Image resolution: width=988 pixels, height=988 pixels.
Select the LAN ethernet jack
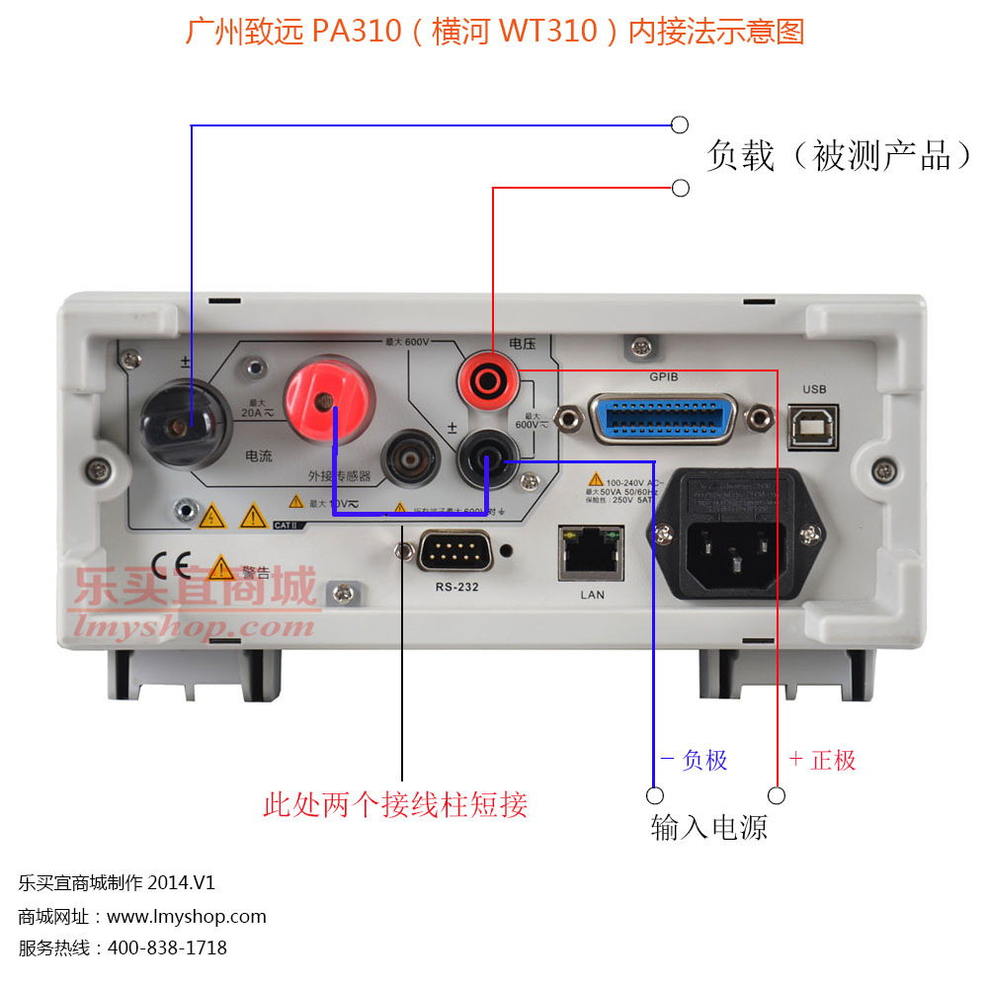[x=592, y=554]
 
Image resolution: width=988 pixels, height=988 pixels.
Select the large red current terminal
[x=329, y=401]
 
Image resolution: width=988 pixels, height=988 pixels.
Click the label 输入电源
[x=708, y=826]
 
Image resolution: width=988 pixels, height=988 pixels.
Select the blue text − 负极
[x=694, y=760]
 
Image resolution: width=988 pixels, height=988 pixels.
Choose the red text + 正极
[x=822, y=760]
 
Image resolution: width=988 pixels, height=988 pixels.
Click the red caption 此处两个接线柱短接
[x=395, y=804]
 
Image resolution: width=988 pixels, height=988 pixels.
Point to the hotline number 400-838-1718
[x=167, y=947]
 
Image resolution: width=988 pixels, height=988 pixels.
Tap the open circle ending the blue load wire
[x=680, y=124]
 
